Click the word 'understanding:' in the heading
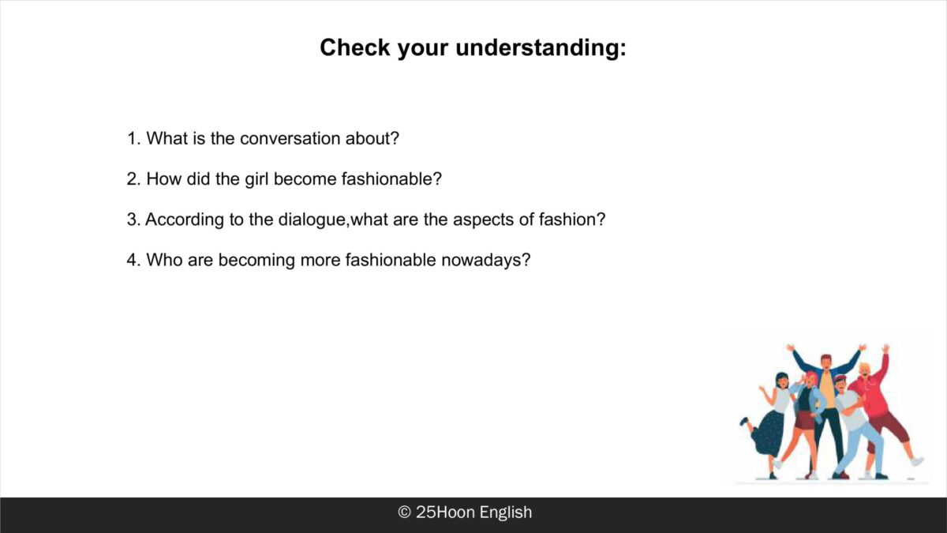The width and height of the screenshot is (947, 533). (541, 48)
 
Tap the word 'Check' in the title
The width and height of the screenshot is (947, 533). (354, 47)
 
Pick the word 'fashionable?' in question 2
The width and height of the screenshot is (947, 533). (391, 179)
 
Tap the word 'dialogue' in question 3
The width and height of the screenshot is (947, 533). (312, 220)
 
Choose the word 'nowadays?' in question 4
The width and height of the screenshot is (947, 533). (486, 260)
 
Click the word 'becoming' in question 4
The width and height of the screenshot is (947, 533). (256, 260)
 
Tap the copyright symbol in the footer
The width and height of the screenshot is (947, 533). (405, 512)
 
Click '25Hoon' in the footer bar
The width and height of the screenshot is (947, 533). (445, 512)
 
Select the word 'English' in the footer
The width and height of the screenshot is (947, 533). (506, 512)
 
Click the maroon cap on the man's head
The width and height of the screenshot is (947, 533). (840, 378)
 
